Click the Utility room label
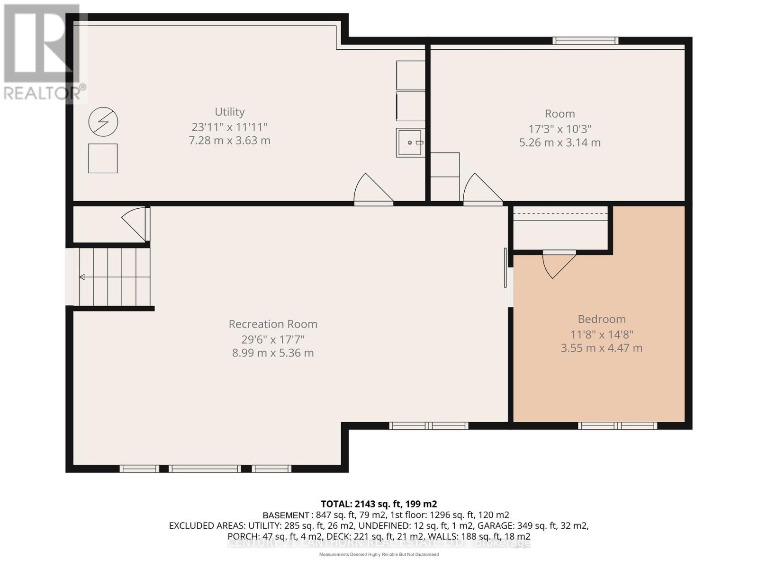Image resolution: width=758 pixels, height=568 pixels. click(230, 112)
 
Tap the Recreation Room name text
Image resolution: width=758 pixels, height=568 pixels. click(273, 324)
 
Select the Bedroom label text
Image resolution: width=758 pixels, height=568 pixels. click(602, 319)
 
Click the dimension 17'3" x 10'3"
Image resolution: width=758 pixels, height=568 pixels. click(560, 129)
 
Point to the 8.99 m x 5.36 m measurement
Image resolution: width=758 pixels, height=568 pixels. click(273, 353)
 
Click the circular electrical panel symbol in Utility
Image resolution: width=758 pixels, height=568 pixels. click(103, 122)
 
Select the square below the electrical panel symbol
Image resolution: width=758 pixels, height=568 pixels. click(103, 159)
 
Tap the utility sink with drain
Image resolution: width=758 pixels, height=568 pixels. click(410, 142)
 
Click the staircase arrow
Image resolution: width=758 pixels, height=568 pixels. click(82, 277)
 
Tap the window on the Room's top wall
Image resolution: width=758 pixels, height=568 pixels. click(586, 41)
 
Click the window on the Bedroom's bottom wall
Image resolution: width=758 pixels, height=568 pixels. click(617, 426)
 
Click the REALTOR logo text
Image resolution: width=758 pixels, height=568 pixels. click(45, 93)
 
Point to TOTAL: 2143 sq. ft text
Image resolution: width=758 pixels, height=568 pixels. click(379, 504)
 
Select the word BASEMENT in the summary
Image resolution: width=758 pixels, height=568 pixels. click(286, 515)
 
